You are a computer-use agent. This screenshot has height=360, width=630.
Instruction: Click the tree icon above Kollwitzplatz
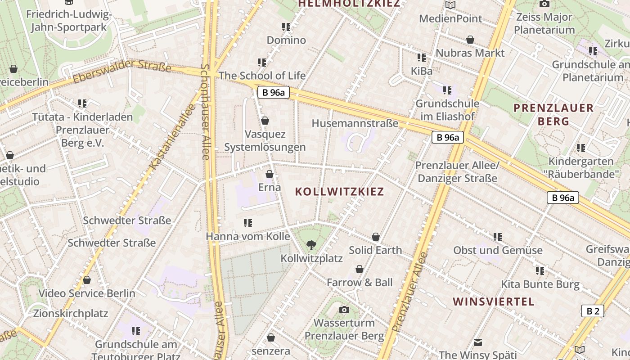tap(310, 245)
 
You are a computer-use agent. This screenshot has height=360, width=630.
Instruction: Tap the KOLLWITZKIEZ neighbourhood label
tap(339, 192)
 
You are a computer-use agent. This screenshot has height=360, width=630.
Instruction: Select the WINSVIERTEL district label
tap(494, 301)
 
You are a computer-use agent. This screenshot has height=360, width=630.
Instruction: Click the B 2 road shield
tap(593, 311)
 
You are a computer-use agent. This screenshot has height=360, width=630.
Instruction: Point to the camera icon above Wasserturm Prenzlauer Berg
tap(344, 310)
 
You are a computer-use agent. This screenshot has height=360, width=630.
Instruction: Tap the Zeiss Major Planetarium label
tap(544, 23)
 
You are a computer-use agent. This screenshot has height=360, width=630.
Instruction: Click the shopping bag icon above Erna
tap(270, 174)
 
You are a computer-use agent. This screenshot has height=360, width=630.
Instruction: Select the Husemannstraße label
tap(355, 123)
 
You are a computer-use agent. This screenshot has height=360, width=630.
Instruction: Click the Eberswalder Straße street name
tap(122, 71)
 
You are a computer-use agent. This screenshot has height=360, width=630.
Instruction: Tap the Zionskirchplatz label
tap(71, 313)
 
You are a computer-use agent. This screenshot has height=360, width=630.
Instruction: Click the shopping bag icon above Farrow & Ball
tap(360, 269)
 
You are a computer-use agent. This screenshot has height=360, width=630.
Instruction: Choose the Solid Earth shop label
tap(375, 250)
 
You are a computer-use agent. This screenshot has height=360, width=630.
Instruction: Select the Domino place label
tap(286, 40)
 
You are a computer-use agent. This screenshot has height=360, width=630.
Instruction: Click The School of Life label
tap(262, 76)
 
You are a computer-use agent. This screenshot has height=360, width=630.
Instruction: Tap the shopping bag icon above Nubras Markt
tap(470, 40)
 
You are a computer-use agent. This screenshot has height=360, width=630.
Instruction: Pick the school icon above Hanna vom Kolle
tap(247, 223)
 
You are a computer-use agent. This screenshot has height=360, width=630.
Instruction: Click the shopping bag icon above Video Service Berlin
tap(87, 280)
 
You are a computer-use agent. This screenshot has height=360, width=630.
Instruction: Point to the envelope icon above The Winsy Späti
tap(478, 342)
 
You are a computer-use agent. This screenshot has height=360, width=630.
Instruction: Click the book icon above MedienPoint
tap(450, 5)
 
